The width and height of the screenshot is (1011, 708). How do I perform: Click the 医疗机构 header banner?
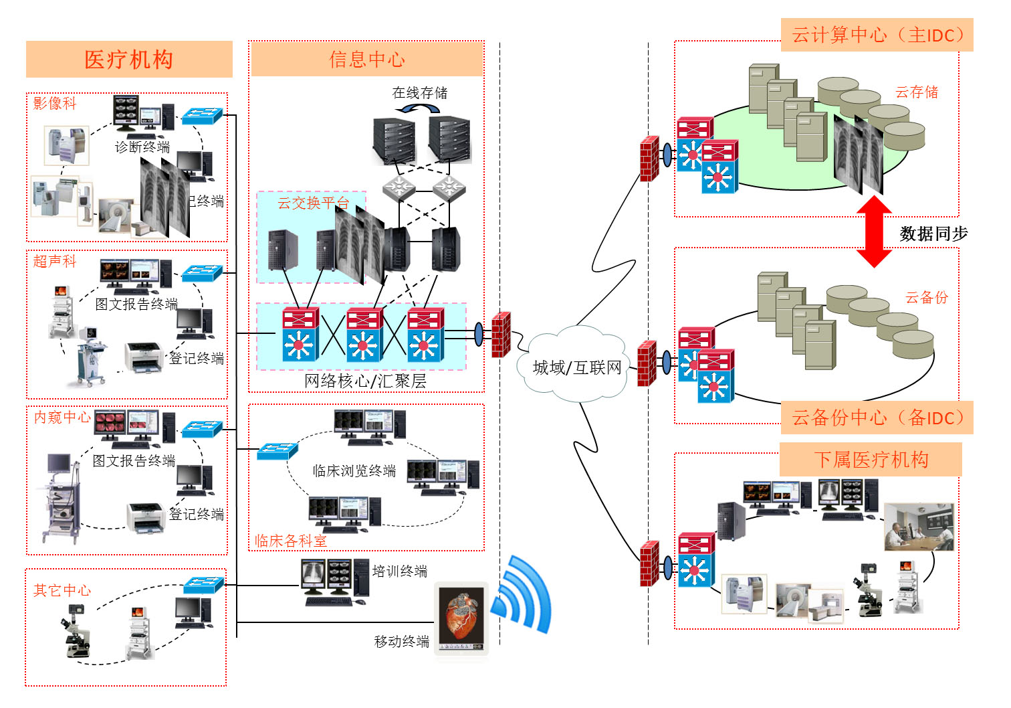[x=129, y=60]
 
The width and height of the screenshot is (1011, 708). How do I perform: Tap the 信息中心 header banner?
[x=366, y=60]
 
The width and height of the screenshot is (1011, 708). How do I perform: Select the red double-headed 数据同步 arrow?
[x=874, y=232]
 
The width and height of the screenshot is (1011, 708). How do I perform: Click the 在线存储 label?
[x=420, y=92]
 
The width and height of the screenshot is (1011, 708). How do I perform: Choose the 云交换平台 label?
[x=313, y=203]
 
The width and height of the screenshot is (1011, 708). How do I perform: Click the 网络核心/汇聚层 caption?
[x=365, y=381]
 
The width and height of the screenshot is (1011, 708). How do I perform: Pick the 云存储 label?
[x=917, y=92]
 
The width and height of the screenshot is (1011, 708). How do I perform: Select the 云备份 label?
[x=926, y=298]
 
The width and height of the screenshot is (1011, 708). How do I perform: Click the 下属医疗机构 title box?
[x=871, y=460]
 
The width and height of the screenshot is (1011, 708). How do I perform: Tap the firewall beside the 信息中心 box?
[x=501, y=334]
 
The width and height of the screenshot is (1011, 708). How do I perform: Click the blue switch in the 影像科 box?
[x=201, y=116]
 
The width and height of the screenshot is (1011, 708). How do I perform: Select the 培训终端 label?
[x=399, y=571]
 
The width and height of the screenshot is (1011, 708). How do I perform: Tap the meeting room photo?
[x=918, y=527]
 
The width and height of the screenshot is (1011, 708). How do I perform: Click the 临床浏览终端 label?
[x=354, y=470]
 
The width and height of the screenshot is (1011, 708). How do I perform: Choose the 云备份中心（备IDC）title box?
[x=877, y=418]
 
